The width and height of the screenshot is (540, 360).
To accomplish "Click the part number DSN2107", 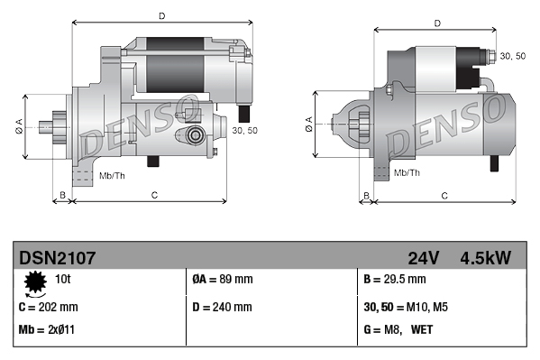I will [x=57, y=258].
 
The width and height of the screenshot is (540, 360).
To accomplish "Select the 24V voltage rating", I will [x=424, y=258].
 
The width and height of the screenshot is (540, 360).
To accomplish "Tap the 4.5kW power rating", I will [x=486, y=258].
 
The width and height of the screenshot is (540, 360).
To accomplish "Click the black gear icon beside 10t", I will [x=36, y=283].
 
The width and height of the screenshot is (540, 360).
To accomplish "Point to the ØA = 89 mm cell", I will [x=222, y=281].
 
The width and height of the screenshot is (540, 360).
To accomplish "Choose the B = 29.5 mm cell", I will [x=394, y=281].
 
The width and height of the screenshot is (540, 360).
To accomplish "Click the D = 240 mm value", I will [x=223, y=307].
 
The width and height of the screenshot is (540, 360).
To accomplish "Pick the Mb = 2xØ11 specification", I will [x=46, y=330].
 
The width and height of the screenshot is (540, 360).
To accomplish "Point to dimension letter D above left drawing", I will [x=161, y=15].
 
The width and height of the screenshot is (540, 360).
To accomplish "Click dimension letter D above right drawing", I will [x=436, y=23].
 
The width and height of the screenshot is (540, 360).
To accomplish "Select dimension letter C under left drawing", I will [x=154, y=194].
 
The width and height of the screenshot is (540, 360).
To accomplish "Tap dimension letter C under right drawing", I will [x=444, y=195].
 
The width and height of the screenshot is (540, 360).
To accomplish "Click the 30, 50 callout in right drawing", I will [x=512, y=56].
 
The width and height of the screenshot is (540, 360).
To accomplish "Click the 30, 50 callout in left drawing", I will [x=244, y=130].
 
